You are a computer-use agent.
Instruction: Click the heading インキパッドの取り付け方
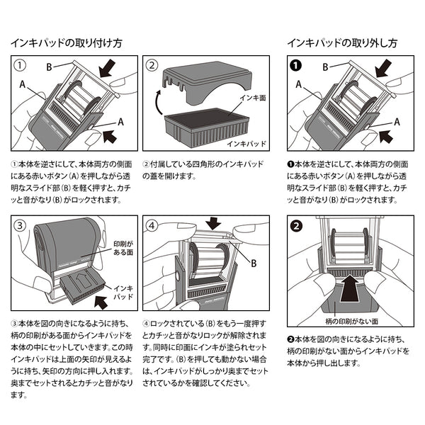(x=66, y=42)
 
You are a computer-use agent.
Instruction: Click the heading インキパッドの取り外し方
(x=342, y=42)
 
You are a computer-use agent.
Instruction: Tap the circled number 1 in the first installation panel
(x=21, y=66)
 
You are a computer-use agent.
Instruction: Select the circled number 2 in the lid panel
(x=151, y=66)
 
